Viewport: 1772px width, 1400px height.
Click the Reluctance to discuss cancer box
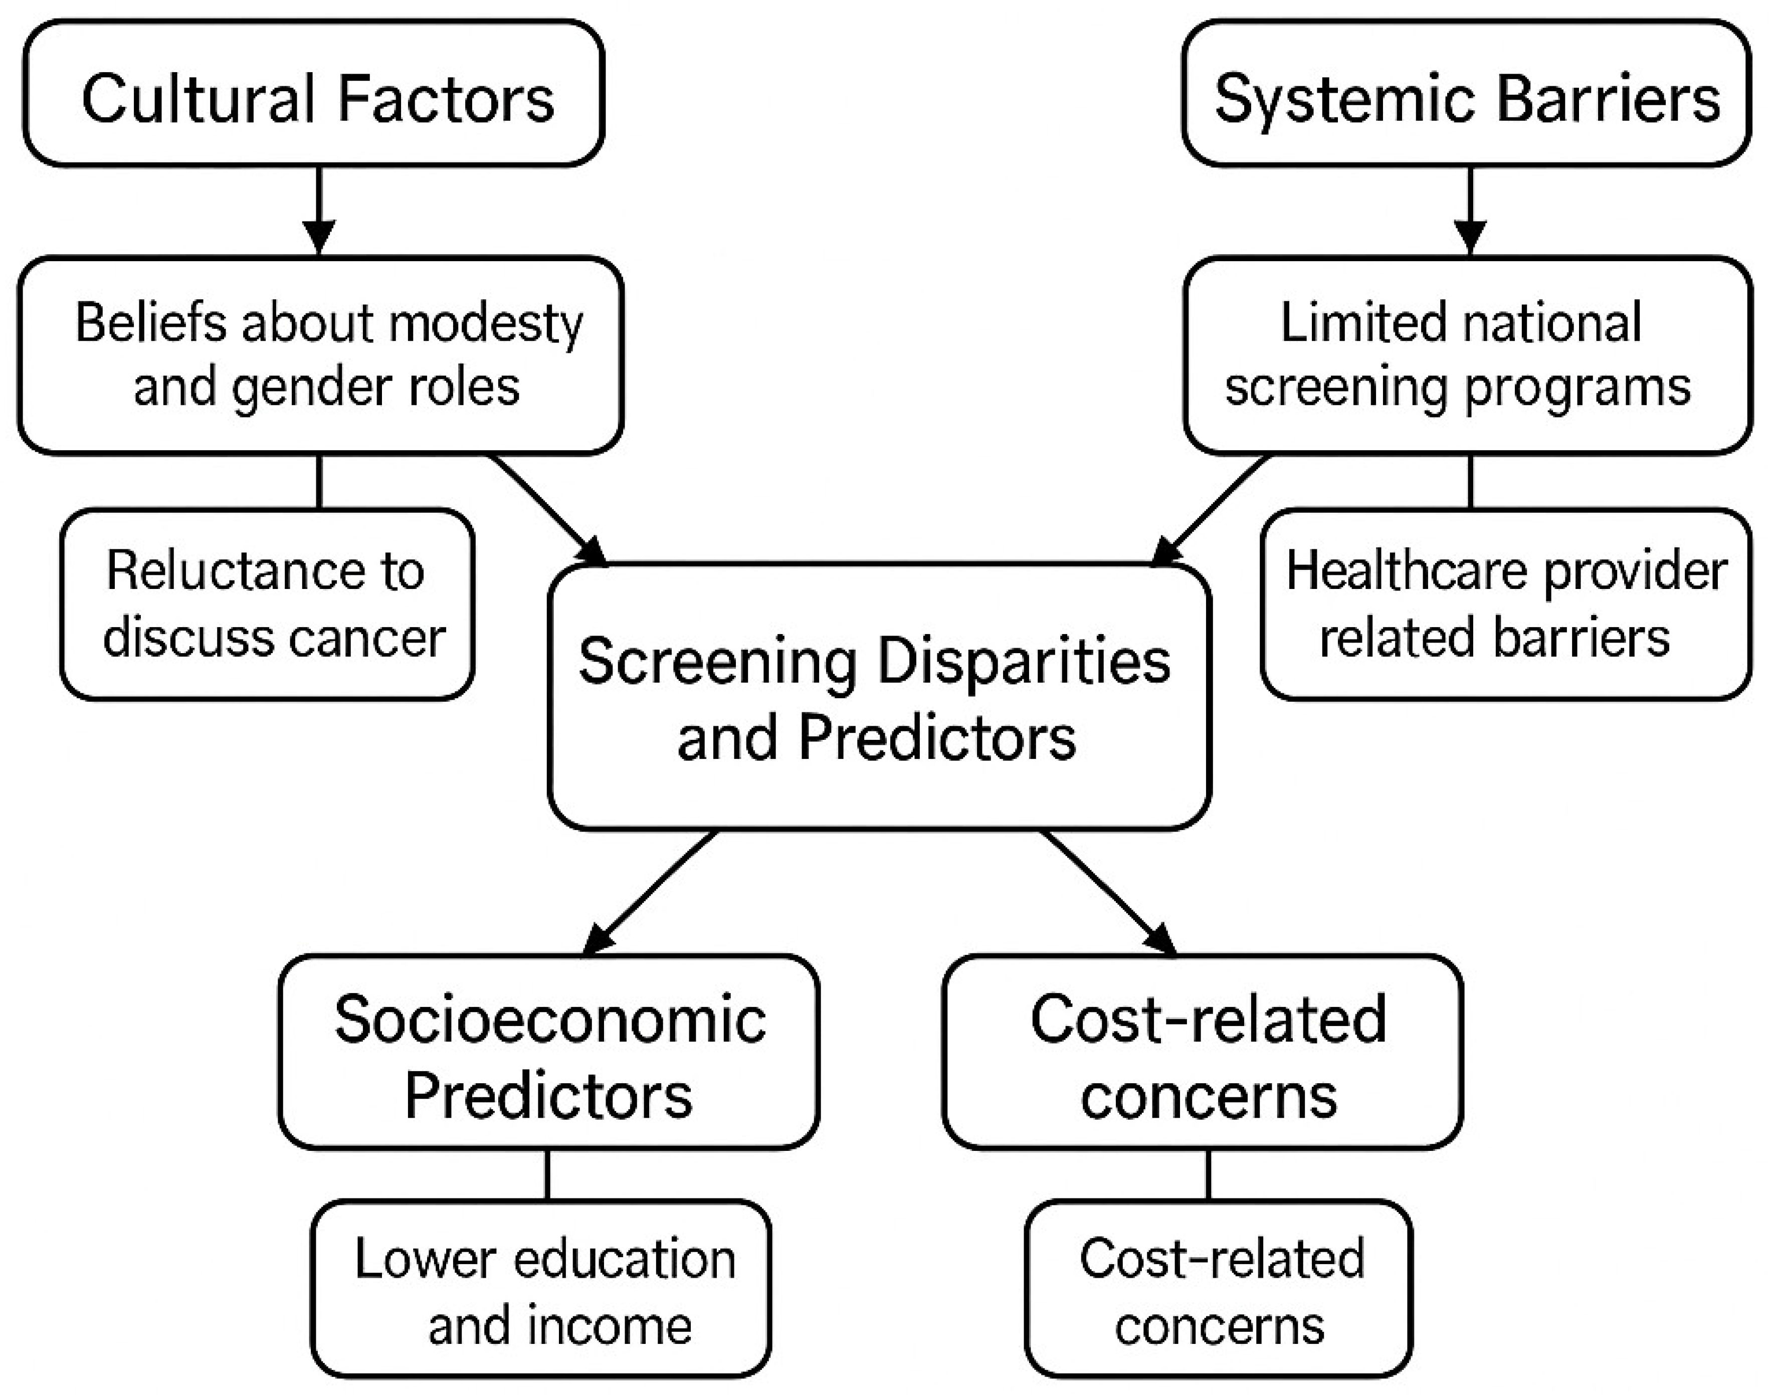[267, 604]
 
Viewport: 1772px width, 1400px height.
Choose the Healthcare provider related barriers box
[1506, 604]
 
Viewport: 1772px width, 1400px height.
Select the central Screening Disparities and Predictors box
[879, 697]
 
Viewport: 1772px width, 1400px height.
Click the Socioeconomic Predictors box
[548, 1052]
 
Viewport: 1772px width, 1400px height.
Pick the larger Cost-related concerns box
[1203, 1052]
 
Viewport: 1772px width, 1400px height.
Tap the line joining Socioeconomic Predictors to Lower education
[547, 1174]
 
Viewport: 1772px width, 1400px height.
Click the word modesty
[486, 324]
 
